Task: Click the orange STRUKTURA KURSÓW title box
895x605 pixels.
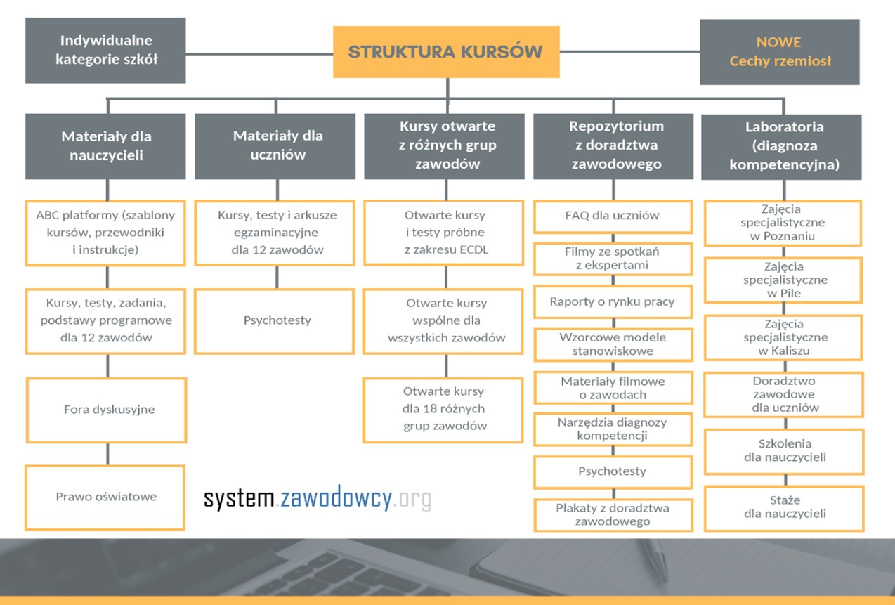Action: [446, 52]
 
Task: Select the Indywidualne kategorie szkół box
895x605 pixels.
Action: [105, 51]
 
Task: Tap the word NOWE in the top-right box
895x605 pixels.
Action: [778, 42]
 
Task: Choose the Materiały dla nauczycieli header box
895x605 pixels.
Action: [105, 146]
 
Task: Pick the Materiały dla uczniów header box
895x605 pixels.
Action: [275, 146]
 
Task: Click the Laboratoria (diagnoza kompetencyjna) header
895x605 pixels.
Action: [781, 147]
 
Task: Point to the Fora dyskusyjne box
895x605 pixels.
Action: [107, 410]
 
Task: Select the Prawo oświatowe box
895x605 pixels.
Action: [105, 497]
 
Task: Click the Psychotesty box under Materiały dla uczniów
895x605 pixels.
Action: [275, 321]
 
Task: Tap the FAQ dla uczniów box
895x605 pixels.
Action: [613, 216]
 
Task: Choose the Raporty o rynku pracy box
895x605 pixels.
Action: [613, 301]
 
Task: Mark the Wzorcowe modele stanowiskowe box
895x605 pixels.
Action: [613, 344]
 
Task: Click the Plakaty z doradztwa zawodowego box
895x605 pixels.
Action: [613, 515]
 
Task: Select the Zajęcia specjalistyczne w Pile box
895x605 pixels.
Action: [783, 280]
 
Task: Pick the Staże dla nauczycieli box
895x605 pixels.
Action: [784, 508]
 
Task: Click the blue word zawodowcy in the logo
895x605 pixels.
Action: [336, 498]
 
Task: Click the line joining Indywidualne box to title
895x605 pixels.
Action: [259, 53]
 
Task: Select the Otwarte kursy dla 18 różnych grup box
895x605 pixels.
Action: [443, 410]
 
